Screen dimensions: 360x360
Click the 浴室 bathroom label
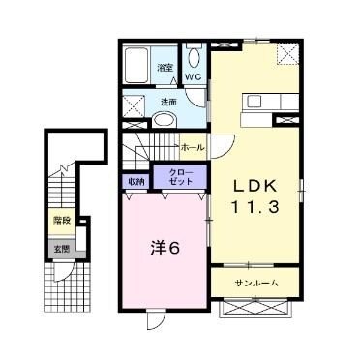165,68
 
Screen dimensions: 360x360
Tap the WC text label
193,76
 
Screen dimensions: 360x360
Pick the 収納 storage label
135,180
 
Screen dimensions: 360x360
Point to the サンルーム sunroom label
256,284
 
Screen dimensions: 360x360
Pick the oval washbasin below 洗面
167,119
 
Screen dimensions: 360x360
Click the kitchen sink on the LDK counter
255,100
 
